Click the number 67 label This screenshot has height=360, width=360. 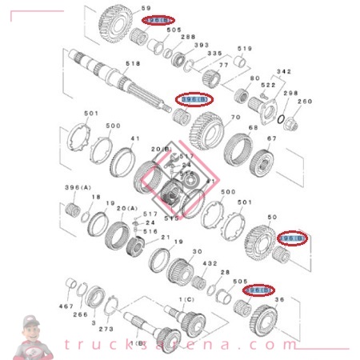click(x=271, y=138)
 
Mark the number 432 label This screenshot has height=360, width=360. click(x=210, y=263)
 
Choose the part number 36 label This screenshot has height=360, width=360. click(x=279, y=300)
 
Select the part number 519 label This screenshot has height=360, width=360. click(x=245, y=49)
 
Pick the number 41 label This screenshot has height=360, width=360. click(x=135, y=138)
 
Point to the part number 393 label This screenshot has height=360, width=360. click(x=202, y=46)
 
